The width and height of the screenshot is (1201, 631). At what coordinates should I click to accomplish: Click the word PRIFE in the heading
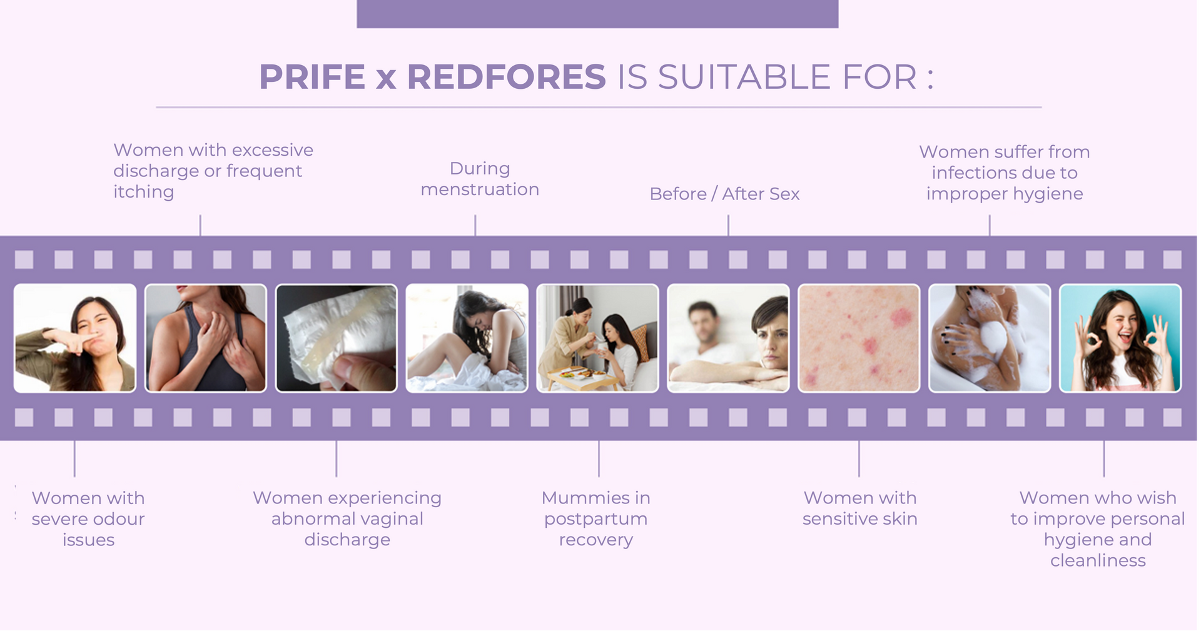pyautogui.click(x=312, y=77)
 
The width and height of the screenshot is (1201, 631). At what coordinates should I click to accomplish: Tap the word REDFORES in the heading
pyautogui.click(x=506, y=77)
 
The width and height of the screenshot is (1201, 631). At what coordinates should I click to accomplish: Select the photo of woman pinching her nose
pyautogui.click(x=75, y=338)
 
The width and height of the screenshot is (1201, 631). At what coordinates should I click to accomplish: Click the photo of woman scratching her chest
pyautogui.click(x=206, y=338)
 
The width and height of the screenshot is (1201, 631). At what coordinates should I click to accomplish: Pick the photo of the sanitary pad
pyautogui.click(x=337, y=338)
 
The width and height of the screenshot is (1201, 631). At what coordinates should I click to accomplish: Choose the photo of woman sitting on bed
pyautogui.click(x=467, y=338)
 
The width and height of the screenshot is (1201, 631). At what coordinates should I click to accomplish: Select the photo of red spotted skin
pyautogui.click(x=859, y=338)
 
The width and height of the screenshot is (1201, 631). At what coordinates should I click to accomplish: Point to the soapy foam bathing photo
pyautogui.click(x=990, y=338)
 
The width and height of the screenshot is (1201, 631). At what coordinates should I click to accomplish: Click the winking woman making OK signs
pyautogui.click(x=1120, y=338)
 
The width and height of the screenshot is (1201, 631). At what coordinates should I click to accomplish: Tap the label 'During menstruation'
pyautogui.click(x=480, y=179)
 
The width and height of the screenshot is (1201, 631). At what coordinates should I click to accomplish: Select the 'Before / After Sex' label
pyautogui.click(x=724, y=194)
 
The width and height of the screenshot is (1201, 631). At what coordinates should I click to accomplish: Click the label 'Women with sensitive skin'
pyautogui.click(x=860, y=508)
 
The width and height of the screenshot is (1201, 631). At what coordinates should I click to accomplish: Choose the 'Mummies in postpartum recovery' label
pyautogui.click(x=596, y=518)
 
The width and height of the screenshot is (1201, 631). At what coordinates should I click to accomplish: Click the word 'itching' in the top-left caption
pyautogui.click(x=144, y=192)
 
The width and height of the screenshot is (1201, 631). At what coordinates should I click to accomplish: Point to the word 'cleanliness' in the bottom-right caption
pyautogui.click(x=1098, y=560)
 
